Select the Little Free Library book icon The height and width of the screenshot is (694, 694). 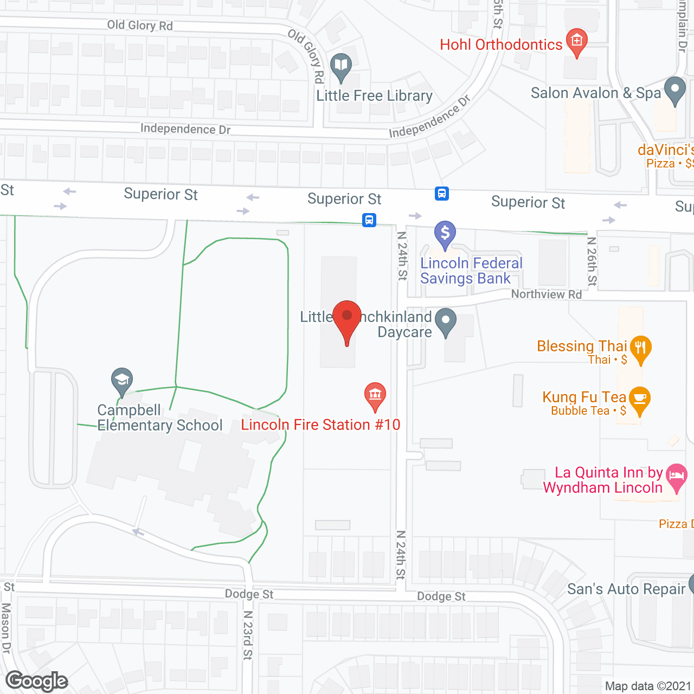pos(340,67)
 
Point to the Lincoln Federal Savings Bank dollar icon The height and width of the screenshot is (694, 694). pos(445,234)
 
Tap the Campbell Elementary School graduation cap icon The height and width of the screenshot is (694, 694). pos(122,380)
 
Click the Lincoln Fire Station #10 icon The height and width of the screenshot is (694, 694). pos(375,395)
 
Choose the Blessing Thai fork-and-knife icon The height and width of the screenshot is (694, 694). pos(640,348)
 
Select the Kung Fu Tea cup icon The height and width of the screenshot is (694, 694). pos(640,399)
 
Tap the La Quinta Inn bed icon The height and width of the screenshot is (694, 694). pos(676,476)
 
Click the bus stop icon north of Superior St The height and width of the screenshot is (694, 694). pos(442,194)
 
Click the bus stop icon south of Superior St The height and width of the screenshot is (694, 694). pos(369,220)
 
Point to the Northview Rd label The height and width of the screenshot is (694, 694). pos(546,294)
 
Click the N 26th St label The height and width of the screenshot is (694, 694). pos(592,261)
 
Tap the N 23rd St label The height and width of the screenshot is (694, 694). pos(248,635)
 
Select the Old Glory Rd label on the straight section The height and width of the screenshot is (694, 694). pos(140,25)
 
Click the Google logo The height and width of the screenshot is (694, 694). pos(37,681)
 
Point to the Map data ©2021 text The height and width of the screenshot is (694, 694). pos(648,686)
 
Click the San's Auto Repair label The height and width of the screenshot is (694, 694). pos(626,589)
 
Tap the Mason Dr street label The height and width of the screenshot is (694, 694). pos(6,628)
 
